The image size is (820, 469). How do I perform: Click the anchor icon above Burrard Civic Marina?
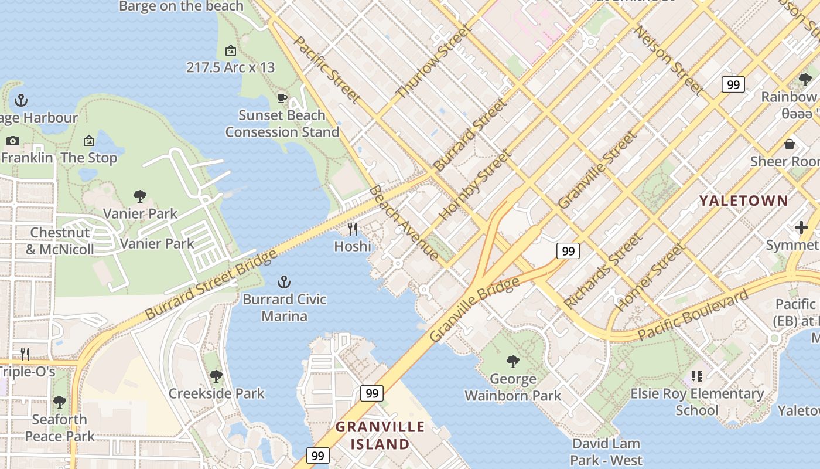(284, 282)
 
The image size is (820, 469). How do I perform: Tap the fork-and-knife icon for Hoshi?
(353, 229)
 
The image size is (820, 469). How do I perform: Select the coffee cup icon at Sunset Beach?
(282, 98)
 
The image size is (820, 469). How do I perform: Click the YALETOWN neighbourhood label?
(744, 201)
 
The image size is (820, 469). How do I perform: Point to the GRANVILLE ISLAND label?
(380, 436)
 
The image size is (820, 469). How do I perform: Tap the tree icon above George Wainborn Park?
(513, 361)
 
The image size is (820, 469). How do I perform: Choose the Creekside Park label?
(217, 393)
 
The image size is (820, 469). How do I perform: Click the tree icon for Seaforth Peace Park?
(59, 402)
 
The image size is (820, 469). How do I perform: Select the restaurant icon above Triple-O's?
(25, 354)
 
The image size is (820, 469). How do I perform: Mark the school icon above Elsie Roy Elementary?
(696, 376)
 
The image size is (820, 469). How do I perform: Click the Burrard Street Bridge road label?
(211, 285)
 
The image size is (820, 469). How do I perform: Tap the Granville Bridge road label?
(474, 310)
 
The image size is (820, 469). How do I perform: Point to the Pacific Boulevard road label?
(693, 315)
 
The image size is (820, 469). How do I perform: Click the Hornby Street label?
(474, 186)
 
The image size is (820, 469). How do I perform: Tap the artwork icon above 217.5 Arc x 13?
(231, 50)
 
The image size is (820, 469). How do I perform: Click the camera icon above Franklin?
(12, 141)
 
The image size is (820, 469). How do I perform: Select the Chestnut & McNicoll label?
(60, 241)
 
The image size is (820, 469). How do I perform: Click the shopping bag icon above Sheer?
(790, 144)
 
